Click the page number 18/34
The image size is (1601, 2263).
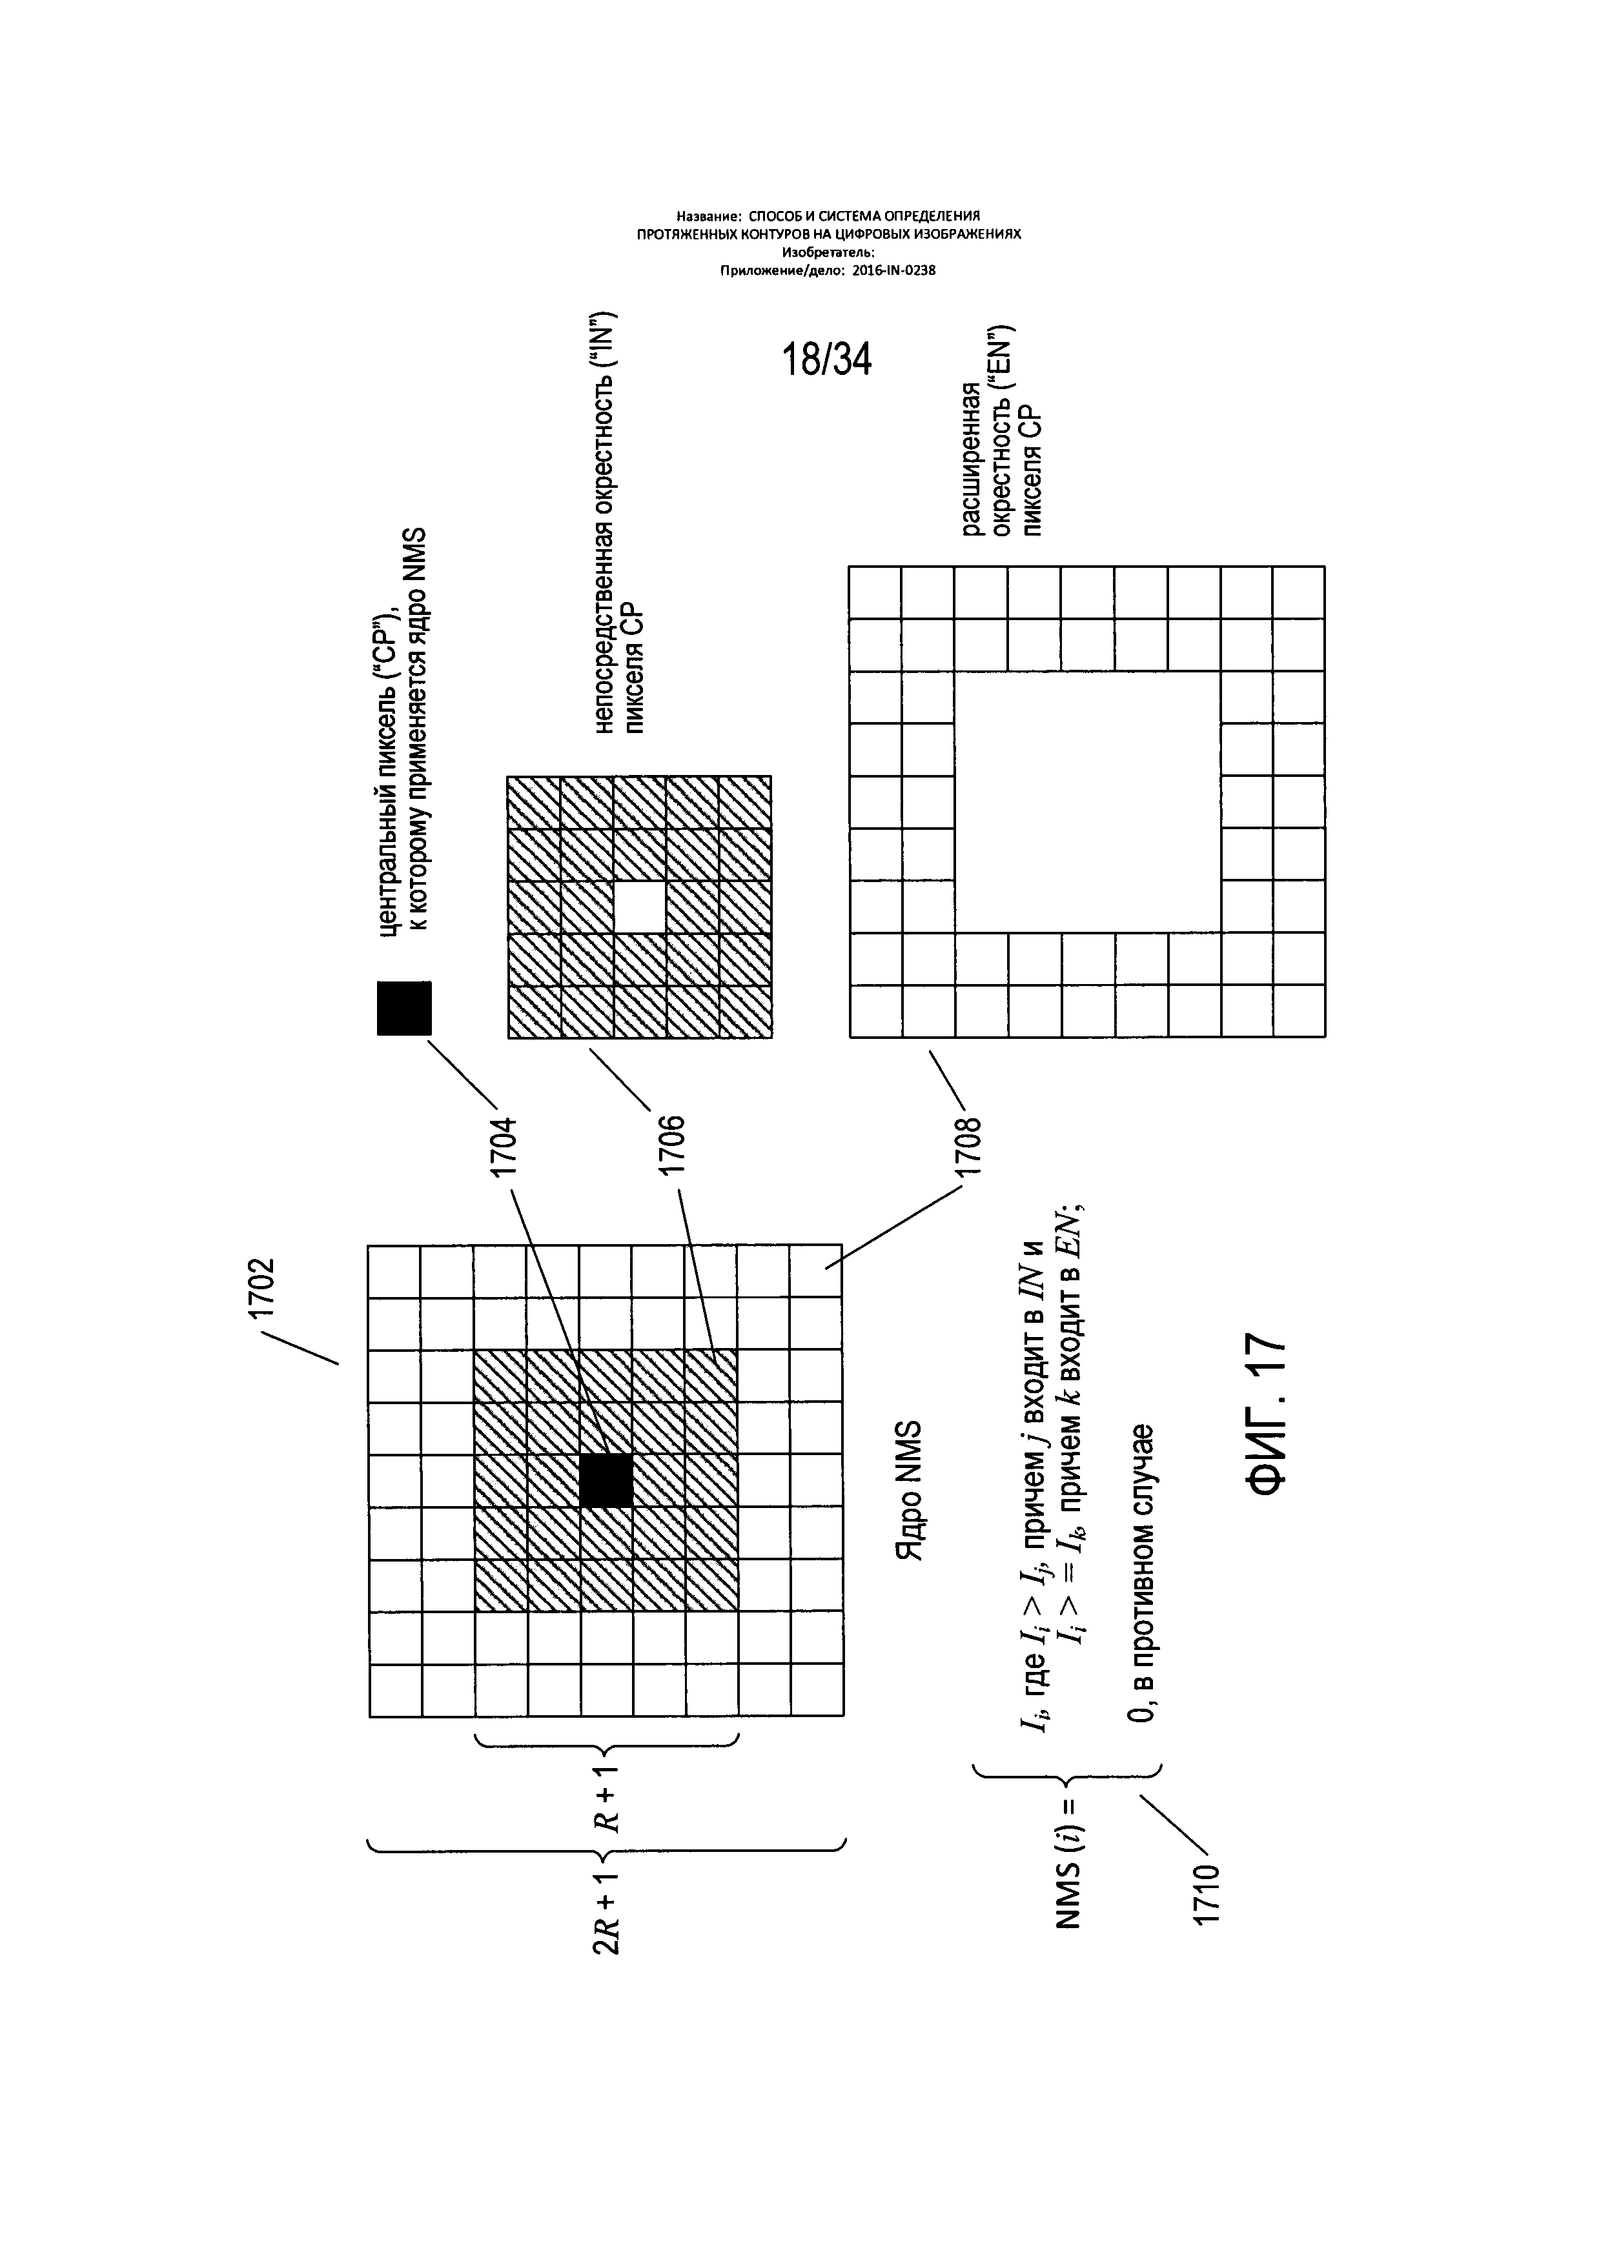coord(827,361)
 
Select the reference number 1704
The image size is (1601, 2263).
coord(505,1145)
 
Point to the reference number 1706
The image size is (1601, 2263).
coord(672,1145)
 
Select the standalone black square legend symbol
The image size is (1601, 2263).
coord(404,1007)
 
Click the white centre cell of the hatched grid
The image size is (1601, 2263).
coord(639,907)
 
